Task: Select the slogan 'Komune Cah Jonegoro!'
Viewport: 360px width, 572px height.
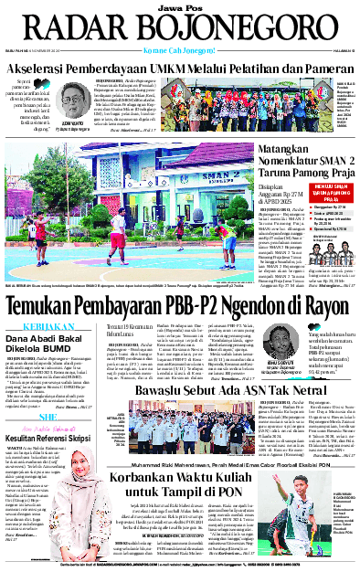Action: pyautogui.click(x=180, y=50)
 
